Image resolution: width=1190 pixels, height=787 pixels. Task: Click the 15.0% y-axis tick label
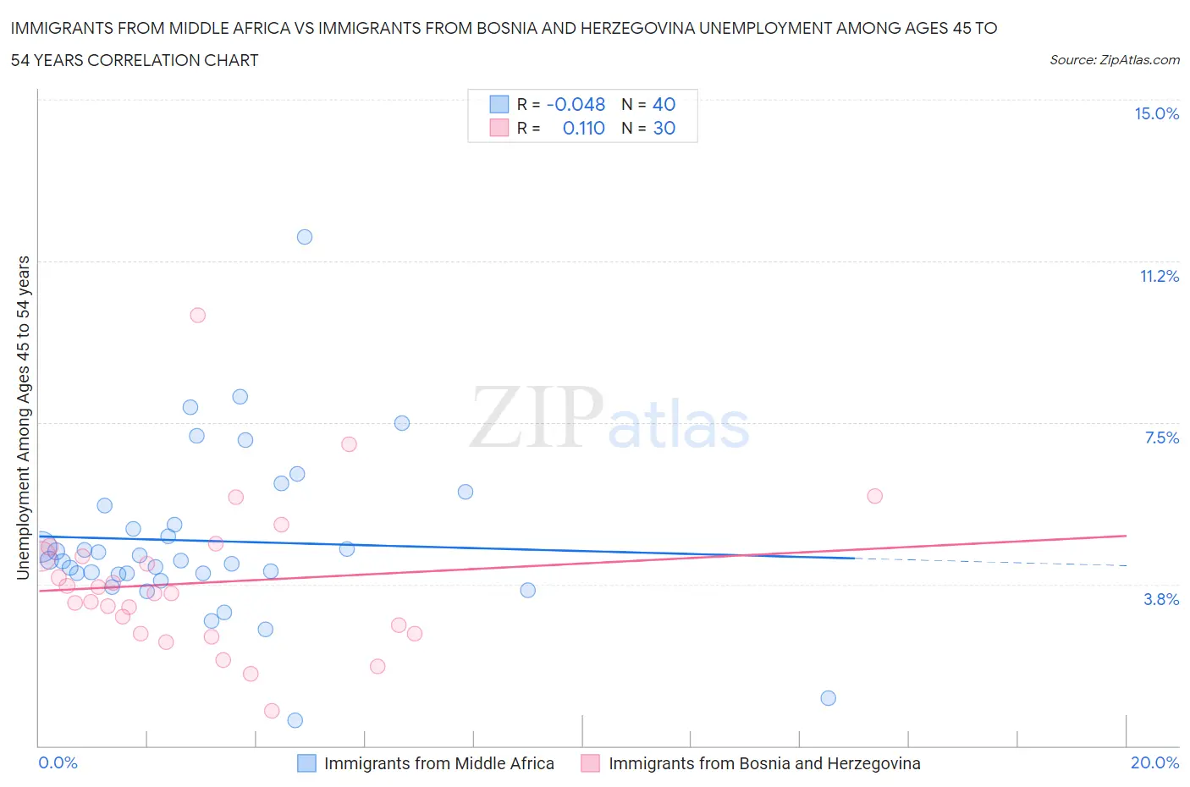click(1156, 114)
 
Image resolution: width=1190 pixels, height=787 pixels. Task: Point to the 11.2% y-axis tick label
click(1159, 277)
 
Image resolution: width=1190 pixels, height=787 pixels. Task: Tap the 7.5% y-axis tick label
click(1161, 438)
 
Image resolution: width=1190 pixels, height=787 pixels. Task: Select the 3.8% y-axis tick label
click(1161, 600)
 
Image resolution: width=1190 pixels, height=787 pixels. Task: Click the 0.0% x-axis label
click(58, 763)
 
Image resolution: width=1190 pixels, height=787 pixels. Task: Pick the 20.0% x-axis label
click(1154, 763)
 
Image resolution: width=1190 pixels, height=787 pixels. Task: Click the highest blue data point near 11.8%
click(305, 237)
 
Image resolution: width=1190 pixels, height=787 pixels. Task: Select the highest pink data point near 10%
click(198, 315)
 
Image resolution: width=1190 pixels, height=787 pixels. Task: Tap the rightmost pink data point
click(875, 496)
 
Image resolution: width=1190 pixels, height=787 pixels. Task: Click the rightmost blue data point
click(829, 698)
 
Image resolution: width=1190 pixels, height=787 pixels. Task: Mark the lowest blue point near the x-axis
click(295, 720)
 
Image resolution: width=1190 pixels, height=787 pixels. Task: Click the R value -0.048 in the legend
click(576, 105)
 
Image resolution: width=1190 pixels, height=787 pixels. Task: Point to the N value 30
click(664, 129)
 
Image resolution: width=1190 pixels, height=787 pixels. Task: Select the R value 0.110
click(583, 129)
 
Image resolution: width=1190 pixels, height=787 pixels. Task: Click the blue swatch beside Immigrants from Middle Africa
click(306, 763)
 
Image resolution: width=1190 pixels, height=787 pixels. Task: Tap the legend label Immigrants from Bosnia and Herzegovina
click(764, 763)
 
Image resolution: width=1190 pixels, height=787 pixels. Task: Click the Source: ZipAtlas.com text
click(1114, 60)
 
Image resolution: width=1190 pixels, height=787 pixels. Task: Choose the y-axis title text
click(23, 418)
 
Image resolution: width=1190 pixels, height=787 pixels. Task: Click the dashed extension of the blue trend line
click(990, 562)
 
